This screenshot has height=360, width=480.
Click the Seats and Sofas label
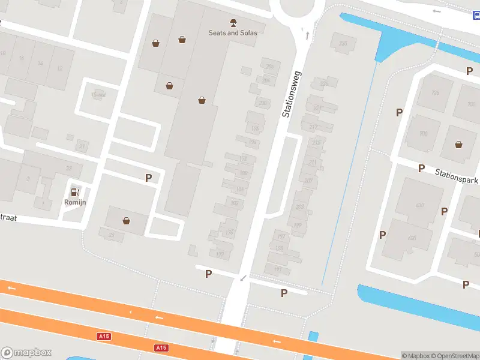pos(233,33)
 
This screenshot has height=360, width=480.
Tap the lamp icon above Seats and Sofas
pos(233,22)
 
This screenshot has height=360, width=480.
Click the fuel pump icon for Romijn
pos(75,192)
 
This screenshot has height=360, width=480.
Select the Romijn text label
pos(75,202)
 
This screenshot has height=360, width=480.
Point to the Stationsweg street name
pos(293,94)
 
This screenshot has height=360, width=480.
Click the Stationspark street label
pos(457,176)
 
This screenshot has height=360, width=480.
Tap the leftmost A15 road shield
pos(104,337)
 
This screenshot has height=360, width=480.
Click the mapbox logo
pos(26,353)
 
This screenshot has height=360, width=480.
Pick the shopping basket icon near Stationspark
pos(459,144)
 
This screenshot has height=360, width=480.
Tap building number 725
pos(435,92)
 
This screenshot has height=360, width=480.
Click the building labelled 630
pos(419,205)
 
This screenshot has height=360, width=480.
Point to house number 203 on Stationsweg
pos(299,207)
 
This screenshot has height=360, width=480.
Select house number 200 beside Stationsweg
pos(262,102)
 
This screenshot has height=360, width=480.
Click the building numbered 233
pos(343,43)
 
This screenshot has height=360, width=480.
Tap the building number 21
pos(82,146)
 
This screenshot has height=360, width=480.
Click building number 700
pos(423,133)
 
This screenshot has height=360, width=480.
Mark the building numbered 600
pos(412,238)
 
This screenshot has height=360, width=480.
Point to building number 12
pos(59,68)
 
